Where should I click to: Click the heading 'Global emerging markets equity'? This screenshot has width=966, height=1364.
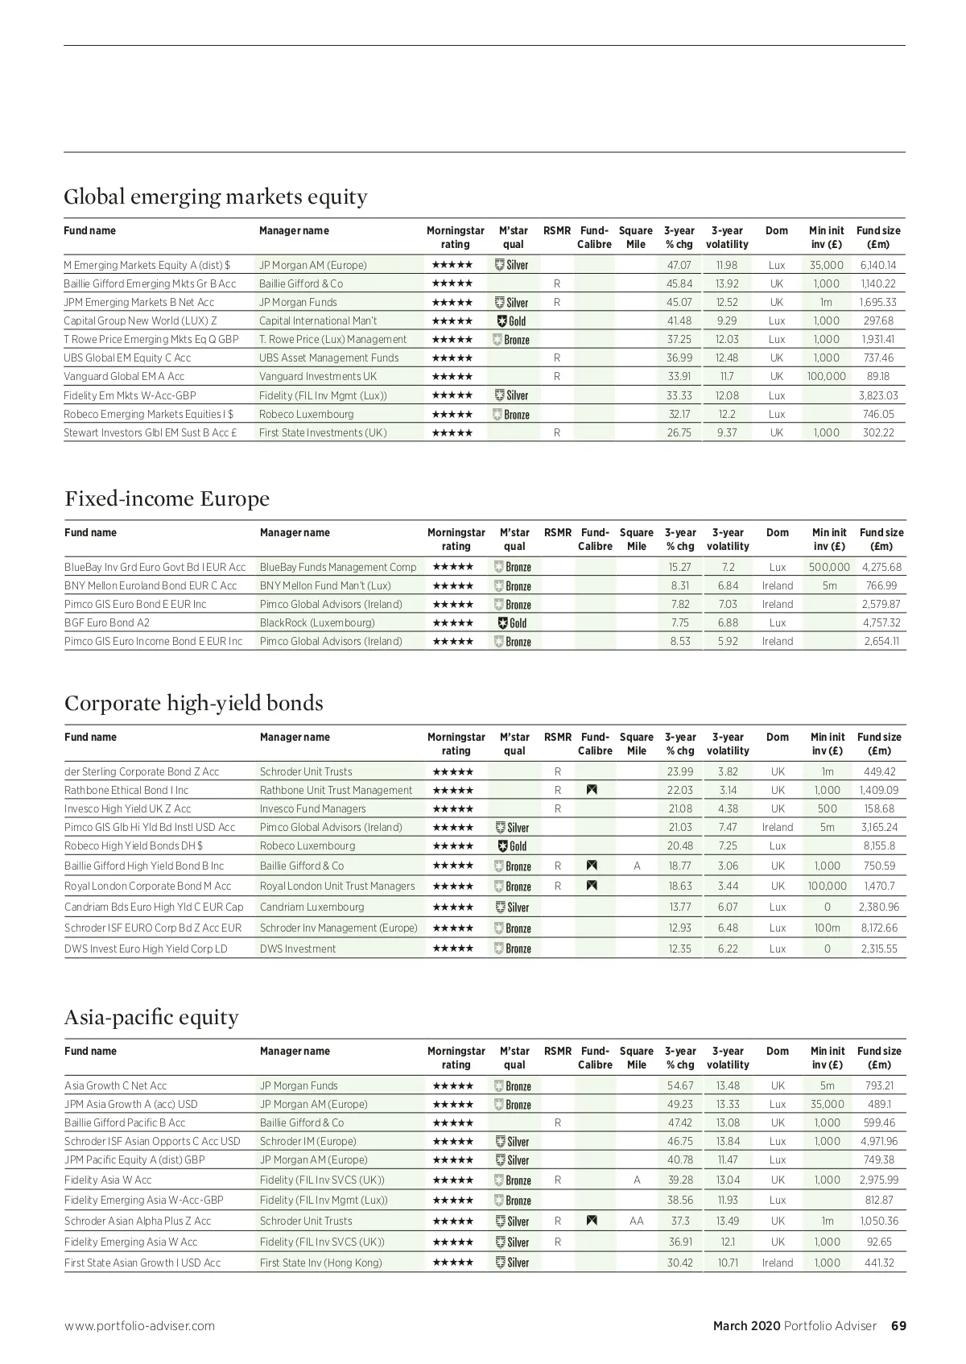(215, 196)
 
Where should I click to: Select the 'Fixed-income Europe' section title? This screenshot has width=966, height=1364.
(167, 498)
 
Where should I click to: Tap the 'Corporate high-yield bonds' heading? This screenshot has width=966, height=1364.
(193, 703)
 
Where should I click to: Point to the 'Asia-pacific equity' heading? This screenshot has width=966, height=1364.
(151, 1017)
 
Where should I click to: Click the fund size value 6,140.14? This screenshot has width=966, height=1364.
(877, 265)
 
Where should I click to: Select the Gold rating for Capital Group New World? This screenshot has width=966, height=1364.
(512, 320)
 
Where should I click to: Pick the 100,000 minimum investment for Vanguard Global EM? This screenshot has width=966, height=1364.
(826, 376)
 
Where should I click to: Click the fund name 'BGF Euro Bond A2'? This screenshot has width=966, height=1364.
(107, 622)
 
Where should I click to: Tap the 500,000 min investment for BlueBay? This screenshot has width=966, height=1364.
(828, 567)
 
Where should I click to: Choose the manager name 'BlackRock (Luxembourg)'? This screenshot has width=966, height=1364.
(317, 622)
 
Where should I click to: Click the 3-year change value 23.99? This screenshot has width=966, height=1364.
(680, 771)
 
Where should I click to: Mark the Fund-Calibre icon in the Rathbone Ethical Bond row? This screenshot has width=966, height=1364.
(592, 790)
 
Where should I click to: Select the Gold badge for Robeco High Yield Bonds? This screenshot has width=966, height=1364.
(513, 845)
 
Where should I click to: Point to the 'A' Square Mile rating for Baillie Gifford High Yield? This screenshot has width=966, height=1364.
(637, 866)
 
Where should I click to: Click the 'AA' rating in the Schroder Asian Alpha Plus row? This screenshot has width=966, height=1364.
(636, 1221)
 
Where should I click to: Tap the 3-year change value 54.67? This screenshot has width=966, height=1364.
(680, 1085)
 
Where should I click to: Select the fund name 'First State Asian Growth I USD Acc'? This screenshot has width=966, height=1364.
(142, 1263)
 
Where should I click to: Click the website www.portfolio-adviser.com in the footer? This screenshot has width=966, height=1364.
(139, 1325)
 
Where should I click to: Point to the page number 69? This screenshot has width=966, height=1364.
(898, 1325)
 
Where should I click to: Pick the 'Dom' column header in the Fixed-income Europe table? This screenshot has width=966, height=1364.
(778, 532)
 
